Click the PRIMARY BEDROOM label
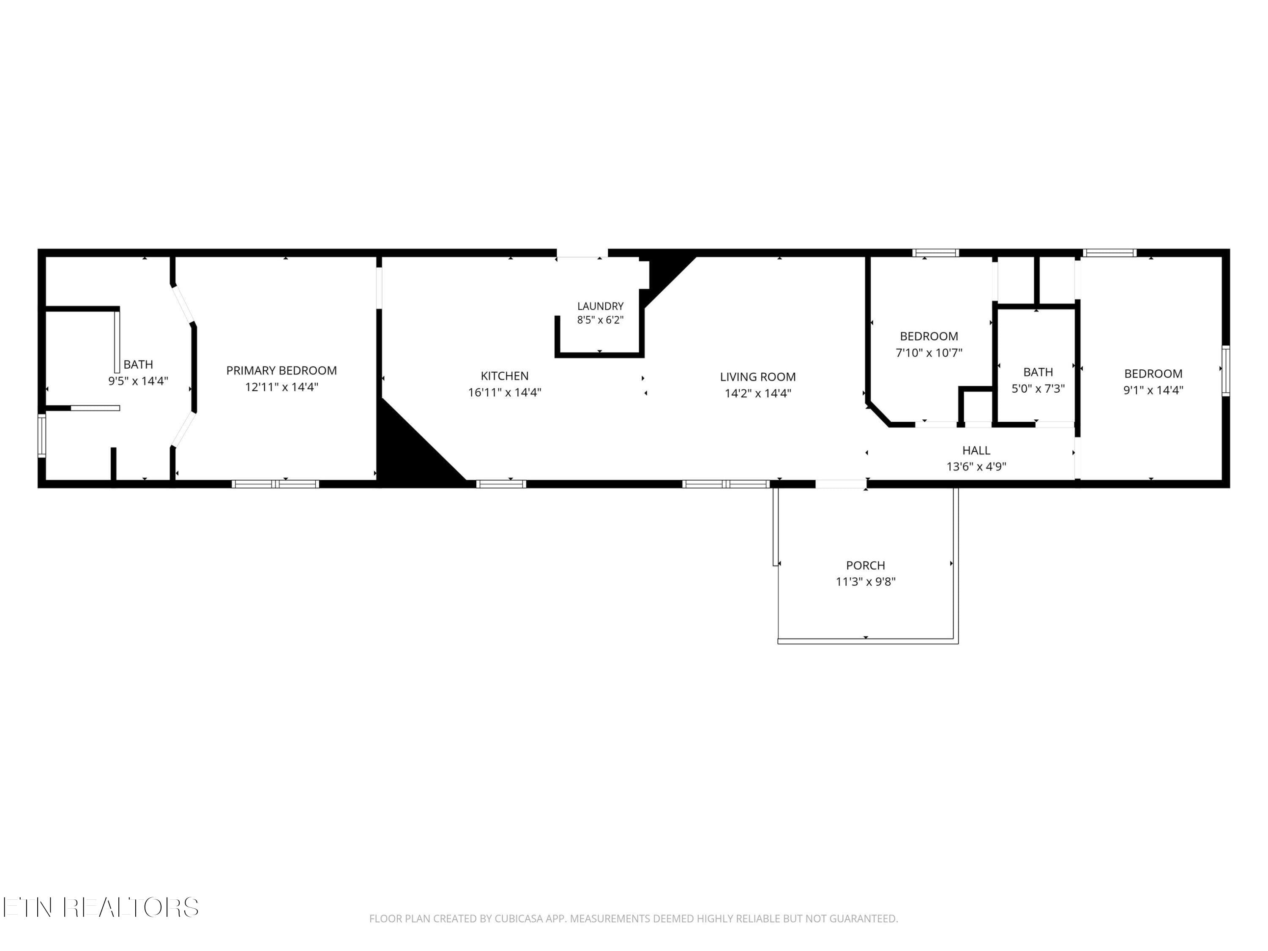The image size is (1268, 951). [281, 370]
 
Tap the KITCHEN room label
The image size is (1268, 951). [504, 376]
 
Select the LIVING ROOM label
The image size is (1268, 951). [758, 377]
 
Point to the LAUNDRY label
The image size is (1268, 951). [600, 306]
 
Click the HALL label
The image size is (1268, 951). [976, 451]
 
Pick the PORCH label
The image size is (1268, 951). [866, 565]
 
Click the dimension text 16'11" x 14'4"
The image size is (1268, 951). [504, 393]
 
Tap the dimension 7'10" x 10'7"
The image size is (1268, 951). [929, 353]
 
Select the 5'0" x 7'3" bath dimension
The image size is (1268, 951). [1038, 389]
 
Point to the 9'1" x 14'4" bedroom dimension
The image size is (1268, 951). [1153, 390]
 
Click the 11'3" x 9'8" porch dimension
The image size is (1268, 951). [866, 582]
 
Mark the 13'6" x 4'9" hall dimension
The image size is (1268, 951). [976, 467]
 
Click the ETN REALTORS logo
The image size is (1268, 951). [101, 907]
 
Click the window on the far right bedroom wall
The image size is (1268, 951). [1226, 370]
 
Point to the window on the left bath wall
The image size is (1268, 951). [42, 436]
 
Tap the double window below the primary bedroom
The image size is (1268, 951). [275, 484]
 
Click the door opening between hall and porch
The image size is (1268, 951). [841, 484]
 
